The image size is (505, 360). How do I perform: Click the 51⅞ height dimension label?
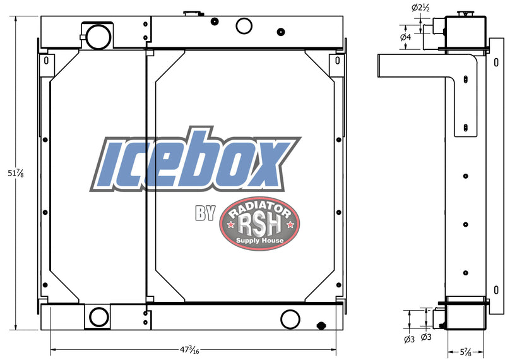15,174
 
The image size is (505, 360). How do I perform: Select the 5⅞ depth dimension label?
466,352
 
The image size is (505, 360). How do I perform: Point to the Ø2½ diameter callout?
420,8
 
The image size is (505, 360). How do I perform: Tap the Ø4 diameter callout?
405,37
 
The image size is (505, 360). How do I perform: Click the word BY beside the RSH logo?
205,213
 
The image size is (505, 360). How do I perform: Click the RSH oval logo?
259,224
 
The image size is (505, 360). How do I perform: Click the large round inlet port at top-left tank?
98,37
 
